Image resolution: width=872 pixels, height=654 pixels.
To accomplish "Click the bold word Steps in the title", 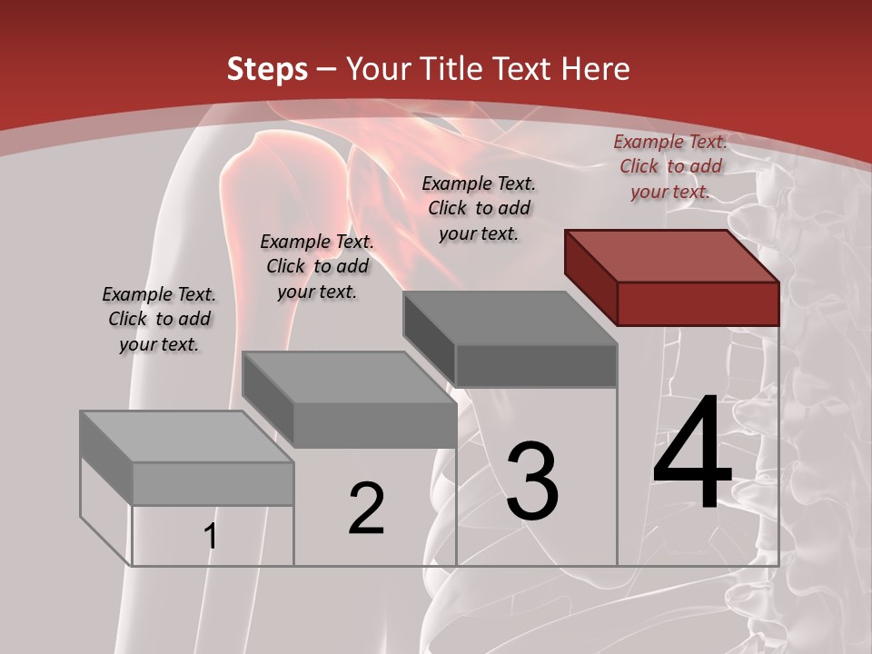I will click(267, 69).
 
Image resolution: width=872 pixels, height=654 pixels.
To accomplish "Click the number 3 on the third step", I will click(531, 481).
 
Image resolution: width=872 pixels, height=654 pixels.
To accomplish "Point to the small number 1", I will click(211, 536).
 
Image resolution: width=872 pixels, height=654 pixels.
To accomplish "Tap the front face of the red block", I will click(698, 303).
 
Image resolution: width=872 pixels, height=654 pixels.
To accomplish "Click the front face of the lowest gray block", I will click(213, 483).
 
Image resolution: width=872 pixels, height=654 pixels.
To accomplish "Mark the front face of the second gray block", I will click(374, 424).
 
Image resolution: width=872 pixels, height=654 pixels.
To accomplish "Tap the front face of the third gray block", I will click(536, 365).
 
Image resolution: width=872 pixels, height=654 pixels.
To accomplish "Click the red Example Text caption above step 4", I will click(670, 166).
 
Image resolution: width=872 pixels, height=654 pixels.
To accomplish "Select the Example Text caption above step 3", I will click(479, 208).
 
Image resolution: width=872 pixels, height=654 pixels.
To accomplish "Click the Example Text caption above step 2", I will click(317, 266).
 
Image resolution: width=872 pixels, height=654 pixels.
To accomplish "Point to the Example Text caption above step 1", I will click(159, 319).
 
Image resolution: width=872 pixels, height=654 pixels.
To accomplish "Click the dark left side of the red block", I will click(590, 276).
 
